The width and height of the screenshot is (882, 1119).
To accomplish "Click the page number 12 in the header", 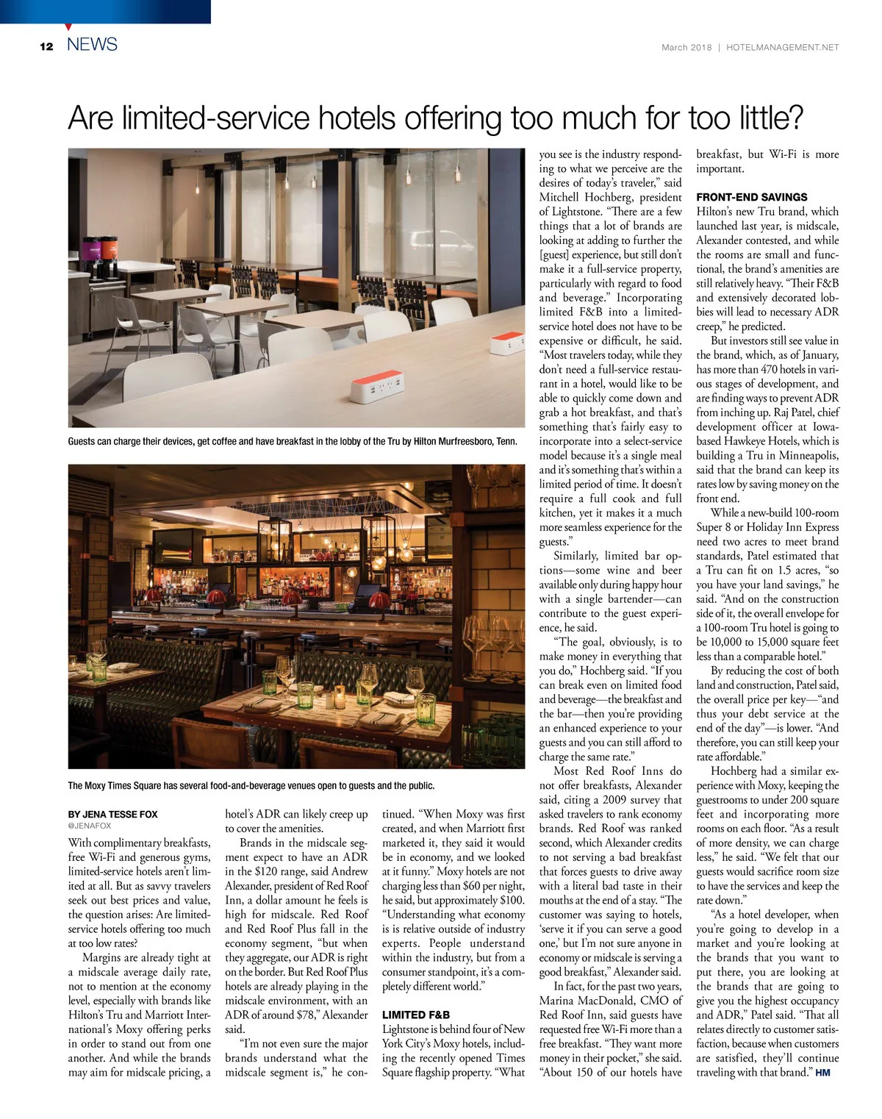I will tap(46, 46).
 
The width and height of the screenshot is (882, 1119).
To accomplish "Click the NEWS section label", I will tap(92, 45).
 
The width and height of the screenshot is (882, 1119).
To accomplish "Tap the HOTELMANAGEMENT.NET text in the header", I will tap(782, 47).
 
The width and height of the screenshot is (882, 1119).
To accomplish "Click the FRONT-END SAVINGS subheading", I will tap(751, 197).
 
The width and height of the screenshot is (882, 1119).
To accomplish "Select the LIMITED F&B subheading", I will tap(416, 1015).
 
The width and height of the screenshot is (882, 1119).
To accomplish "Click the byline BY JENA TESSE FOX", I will tap(112, 815).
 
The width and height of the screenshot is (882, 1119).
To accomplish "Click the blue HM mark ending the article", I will tap(822, 1073).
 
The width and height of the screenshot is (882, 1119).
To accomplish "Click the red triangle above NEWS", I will tap(68, 27).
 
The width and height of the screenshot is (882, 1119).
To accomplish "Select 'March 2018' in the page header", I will tap(686, 47).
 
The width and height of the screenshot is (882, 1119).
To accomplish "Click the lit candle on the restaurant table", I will tap(340, 692).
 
